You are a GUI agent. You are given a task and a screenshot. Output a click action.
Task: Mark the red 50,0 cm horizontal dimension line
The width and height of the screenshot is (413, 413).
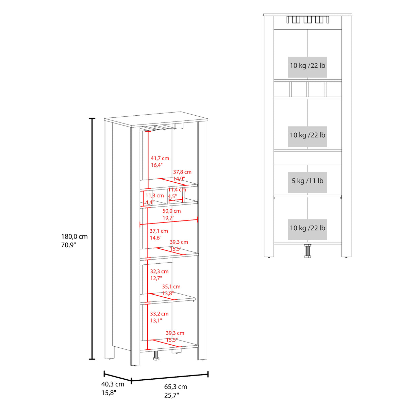click(x=168, y=222)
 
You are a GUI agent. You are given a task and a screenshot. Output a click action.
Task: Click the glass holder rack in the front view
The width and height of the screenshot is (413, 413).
click(x=307, y=20)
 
